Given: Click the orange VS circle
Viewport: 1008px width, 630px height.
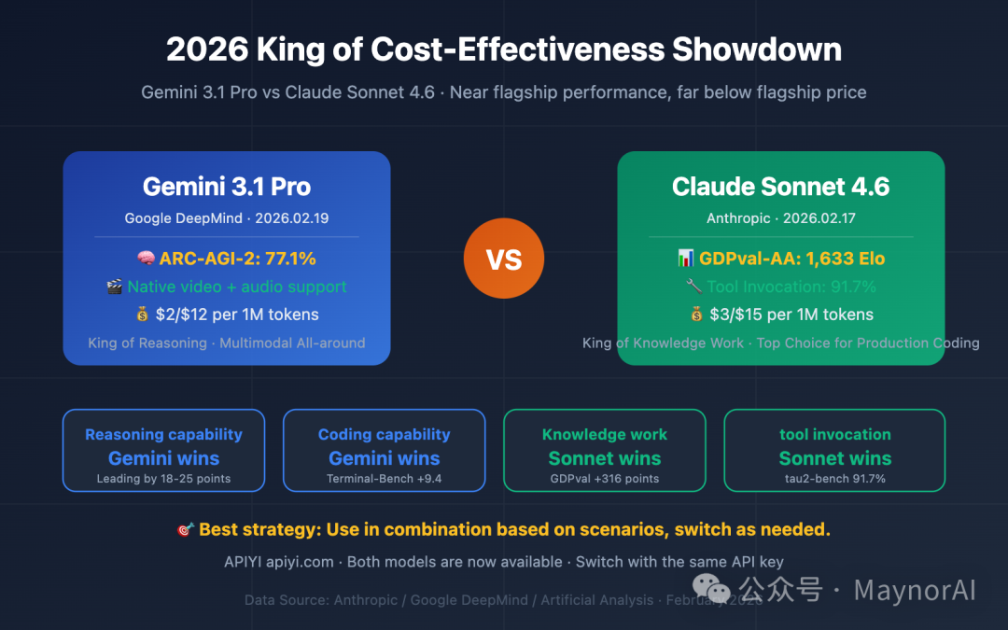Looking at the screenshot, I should (x=504, y=259).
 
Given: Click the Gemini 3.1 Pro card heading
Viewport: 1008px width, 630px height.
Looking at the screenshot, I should (x=227, y=187).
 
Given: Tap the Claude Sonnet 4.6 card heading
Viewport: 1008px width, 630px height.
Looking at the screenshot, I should (x=780, y=187).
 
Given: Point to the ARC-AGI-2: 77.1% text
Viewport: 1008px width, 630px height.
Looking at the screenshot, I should (x=237, y=259).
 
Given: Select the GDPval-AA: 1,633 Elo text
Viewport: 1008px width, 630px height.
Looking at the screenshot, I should (x=791, y=259).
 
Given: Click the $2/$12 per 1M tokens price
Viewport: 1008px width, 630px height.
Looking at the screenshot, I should (x=237, y=315).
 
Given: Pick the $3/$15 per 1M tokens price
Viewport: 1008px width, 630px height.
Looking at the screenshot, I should (x=791, y=315).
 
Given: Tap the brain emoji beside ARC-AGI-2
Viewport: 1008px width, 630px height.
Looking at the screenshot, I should (x=146, y=259).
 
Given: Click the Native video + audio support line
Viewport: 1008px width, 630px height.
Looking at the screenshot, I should (x=237, y=287).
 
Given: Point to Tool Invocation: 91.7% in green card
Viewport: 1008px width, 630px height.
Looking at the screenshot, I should (x=791, y=287).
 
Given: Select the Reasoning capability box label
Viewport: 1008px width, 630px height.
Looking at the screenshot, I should (x=163, y=434).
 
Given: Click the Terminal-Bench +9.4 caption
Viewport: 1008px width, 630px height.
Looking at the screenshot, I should (x=384, y=479).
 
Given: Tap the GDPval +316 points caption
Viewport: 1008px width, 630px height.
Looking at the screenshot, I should (x=605, y=479).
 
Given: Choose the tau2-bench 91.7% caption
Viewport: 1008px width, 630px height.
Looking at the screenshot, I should (x=834, y=479).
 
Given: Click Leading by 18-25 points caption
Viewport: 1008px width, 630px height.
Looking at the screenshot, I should (x=163, y=479).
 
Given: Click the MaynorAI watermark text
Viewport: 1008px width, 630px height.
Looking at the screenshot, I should (x=914, y=590).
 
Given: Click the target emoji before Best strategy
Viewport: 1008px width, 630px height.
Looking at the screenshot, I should (x=185, y=530).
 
